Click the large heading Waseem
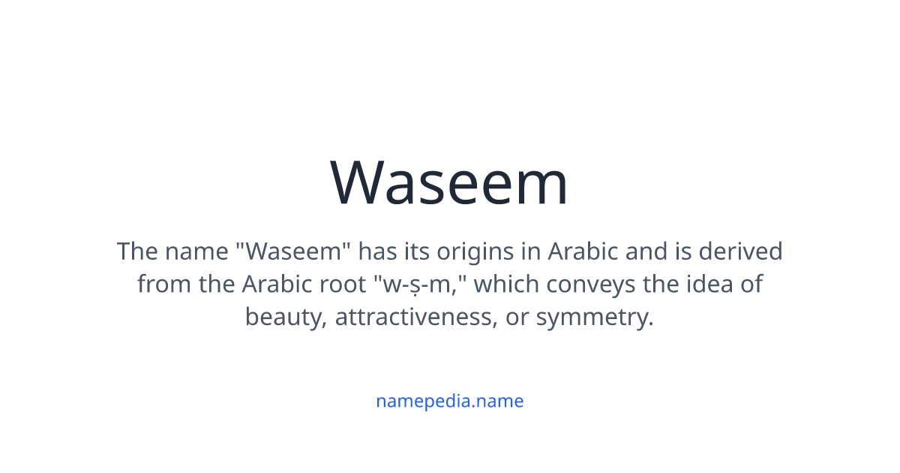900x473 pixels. point(449,182)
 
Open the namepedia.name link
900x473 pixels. point(449,401)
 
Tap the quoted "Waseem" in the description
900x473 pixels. point(293,251)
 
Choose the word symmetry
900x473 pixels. point(595,318)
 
